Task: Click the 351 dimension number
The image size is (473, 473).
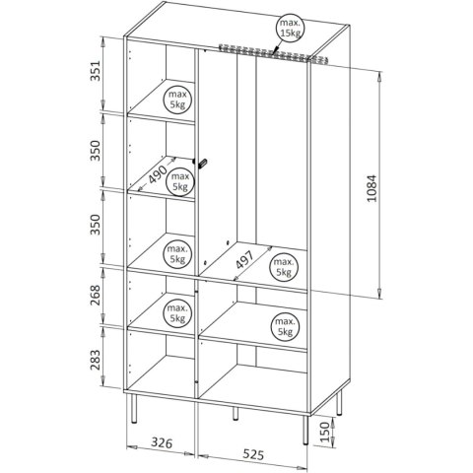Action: pos(96,70)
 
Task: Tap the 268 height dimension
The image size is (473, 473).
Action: pos(96,295)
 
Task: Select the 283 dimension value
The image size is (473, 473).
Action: pos(96,360)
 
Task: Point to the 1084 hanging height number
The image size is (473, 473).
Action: pos(372,188)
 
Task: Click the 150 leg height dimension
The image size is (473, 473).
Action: pos(324,432)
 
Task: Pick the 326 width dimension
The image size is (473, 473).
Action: pos(162,442)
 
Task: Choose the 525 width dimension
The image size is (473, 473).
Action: pos(253,454)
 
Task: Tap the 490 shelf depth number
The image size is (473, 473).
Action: pos(157,173)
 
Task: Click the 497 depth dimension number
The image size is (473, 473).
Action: pos(244,260)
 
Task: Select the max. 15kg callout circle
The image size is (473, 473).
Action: pos(290,29)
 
